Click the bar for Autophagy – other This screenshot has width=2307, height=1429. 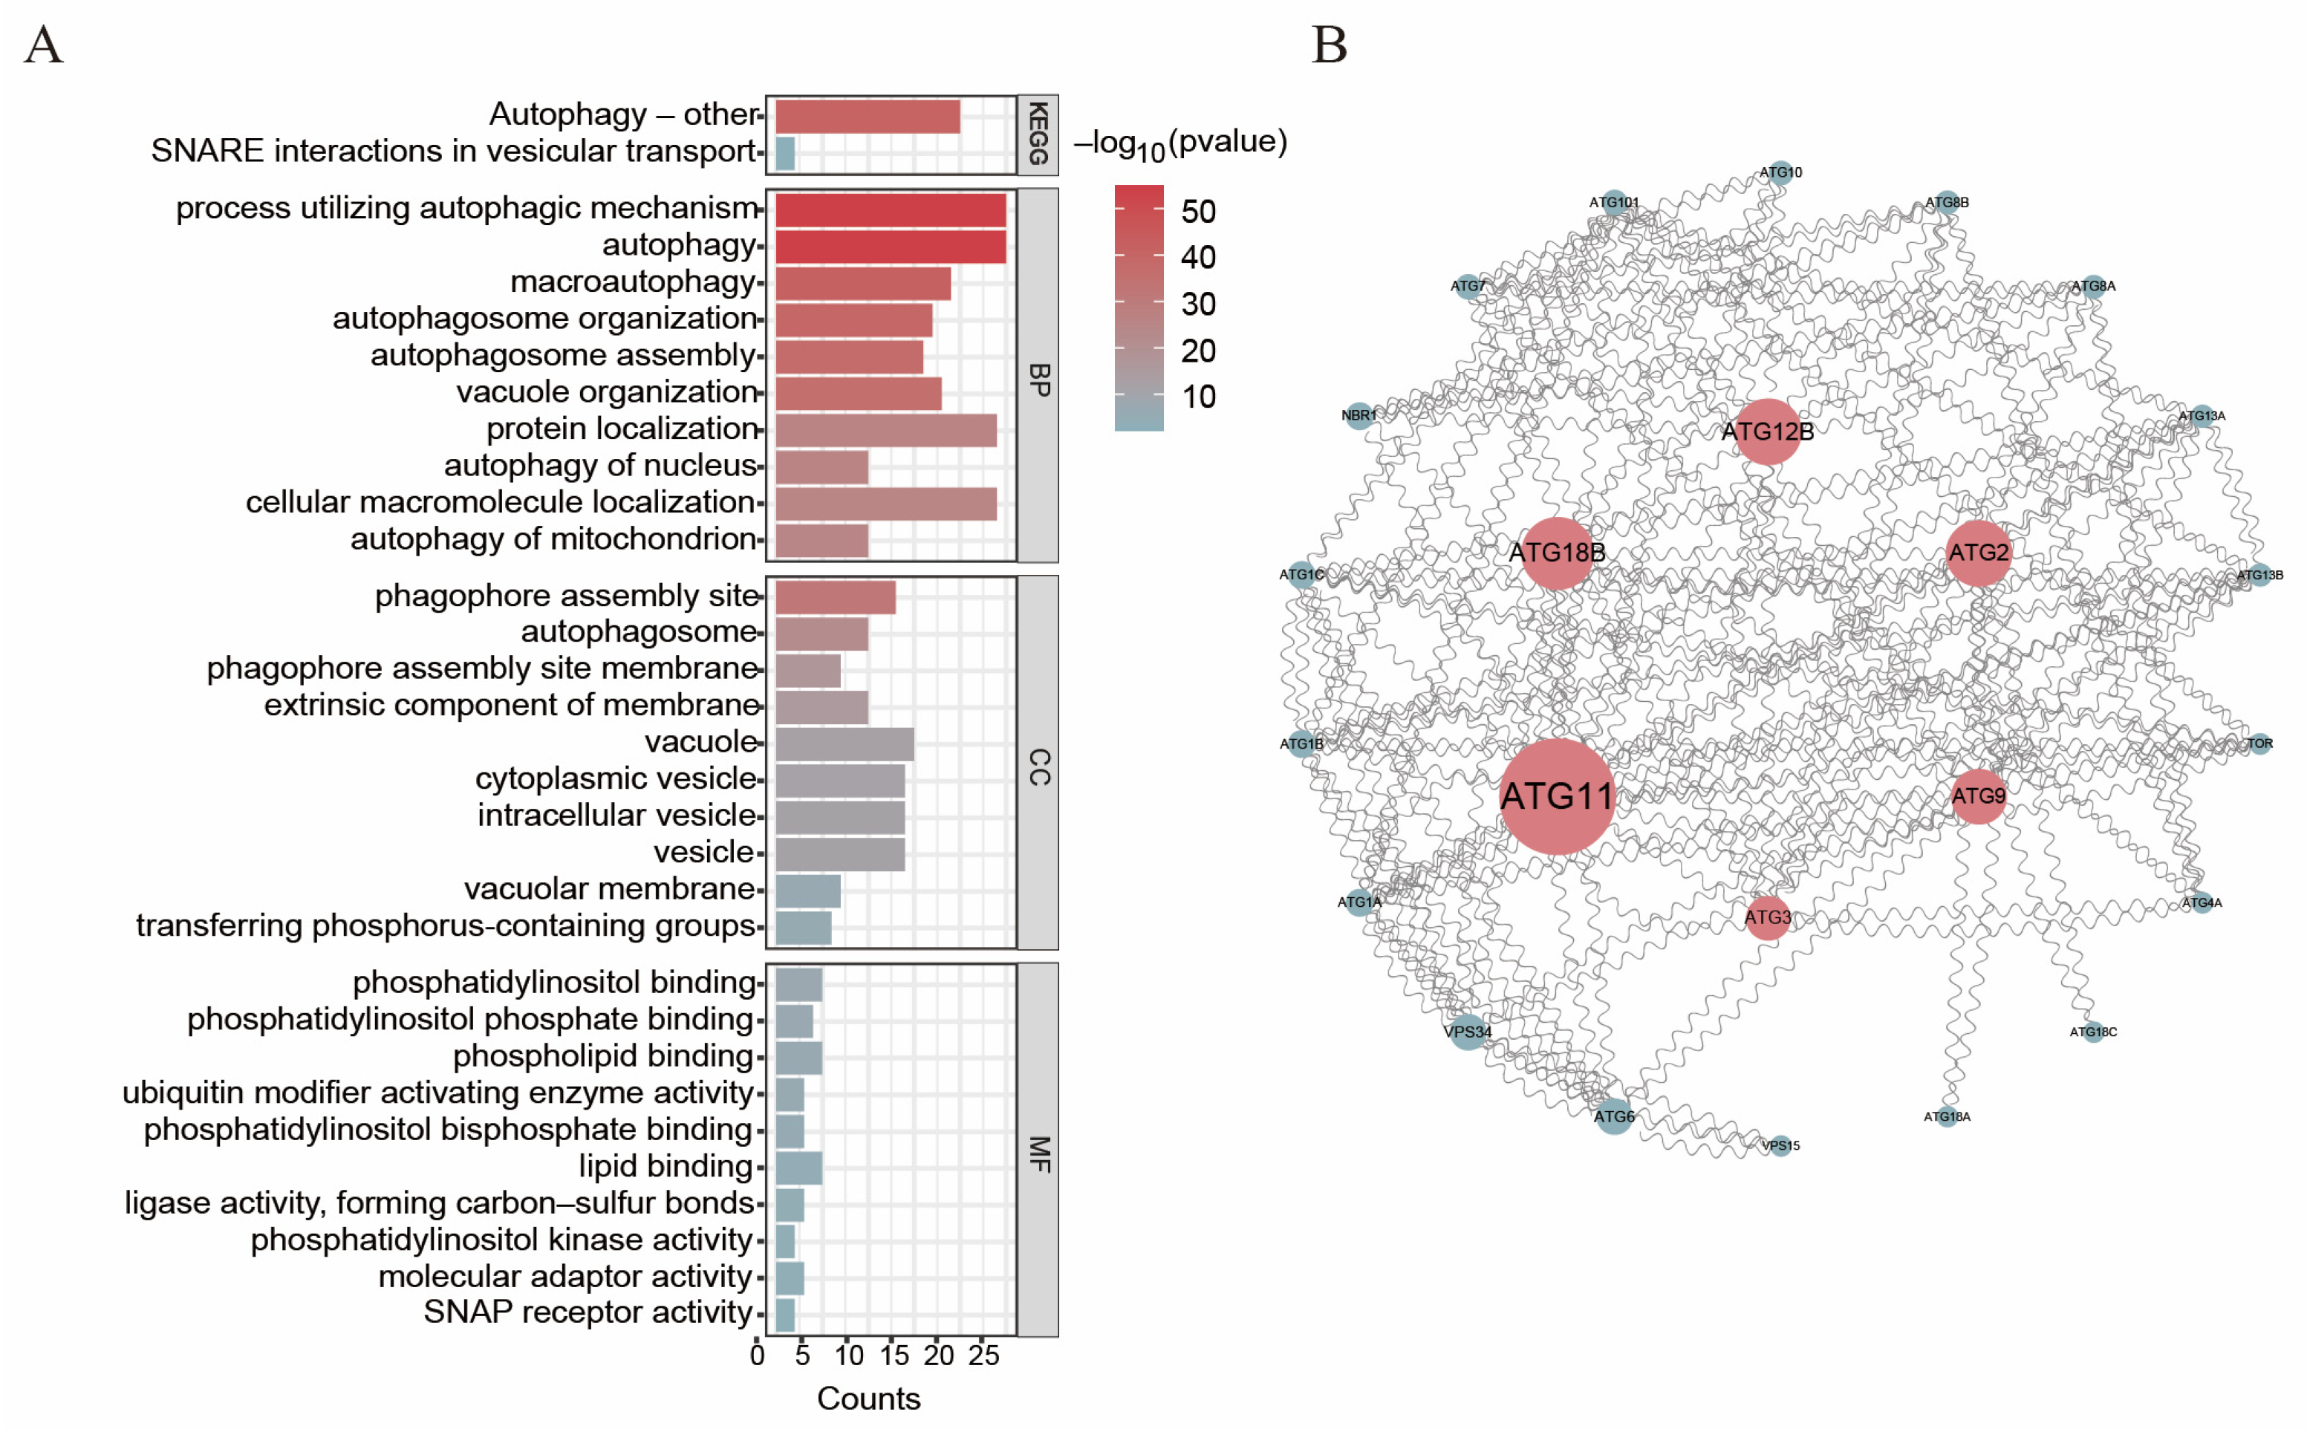tap(867, 117)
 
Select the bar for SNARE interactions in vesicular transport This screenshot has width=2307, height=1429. tap(784, 154)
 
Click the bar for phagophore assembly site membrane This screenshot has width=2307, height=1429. tap(807, 671)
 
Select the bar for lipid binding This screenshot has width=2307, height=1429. tap(798, 1168)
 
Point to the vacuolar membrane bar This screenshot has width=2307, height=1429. tap(807, 891)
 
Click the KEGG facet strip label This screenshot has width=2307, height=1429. tap(1037, 134)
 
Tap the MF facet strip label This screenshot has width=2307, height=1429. tap(1038, 1153)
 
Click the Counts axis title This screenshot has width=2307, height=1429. tap(868, 1399)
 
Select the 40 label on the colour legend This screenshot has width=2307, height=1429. tap(1197, 257)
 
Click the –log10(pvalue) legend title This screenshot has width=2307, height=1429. tap(1179, 143)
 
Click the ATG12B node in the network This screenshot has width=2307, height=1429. tap(1766, 432)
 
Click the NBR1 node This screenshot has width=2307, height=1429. tap(1358, 415)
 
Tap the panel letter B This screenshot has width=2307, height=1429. tap(1328, 45)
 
